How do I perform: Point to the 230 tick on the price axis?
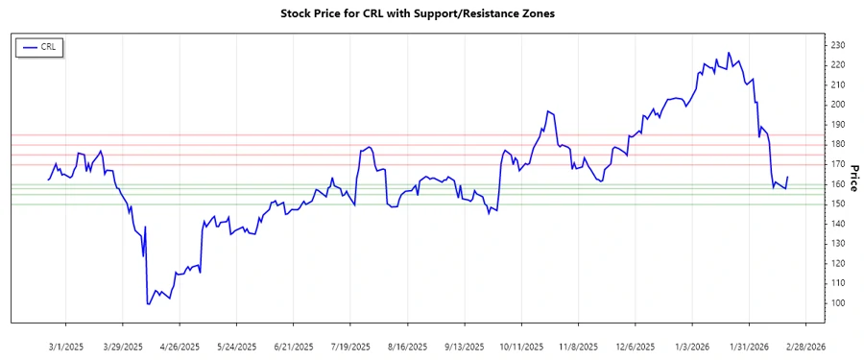point(837,45)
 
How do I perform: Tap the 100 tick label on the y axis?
point(837,303)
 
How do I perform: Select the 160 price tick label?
point(837,184)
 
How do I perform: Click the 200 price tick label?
point(837,105)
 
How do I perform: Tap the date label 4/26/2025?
point(180,346)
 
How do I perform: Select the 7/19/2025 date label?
point(350,346)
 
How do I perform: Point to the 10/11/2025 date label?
point(522,346)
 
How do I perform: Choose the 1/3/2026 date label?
point(692,346)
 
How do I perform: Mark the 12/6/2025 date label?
point(636,346)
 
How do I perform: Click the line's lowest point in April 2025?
point(148,304)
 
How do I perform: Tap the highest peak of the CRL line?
point(729,53)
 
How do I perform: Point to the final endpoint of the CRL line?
point(787,177)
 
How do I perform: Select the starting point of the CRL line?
point(49,180)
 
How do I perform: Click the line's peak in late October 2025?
point(547,110)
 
